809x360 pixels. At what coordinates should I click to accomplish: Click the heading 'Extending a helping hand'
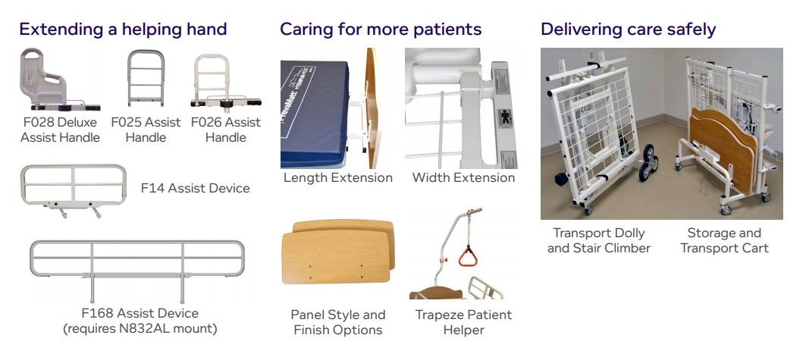coord(123,30)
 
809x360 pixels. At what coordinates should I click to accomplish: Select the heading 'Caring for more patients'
coord(381,30)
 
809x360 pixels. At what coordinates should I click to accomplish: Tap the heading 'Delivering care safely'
coord(628,30)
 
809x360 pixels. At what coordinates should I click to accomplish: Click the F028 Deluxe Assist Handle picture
coord(59,80)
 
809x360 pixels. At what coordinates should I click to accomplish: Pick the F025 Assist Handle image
coord(146,78)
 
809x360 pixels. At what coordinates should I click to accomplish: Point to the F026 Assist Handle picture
coord(225,81)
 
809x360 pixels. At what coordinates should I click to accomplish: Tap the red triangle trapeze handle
coord(468,256)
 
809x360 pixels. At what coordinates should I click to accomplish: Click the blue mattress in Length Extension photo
coord(315,114)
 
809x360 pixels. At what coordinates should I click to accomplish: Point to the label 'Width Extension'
coord(463,178)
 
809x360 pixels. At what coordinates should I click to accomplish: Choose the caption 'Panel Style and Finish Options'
coord(338,322)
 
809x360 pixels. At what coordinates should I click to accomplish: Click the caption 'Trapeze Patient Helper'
coord(463,322)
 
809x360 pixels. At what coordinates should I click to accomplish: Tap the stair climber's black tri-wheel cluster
coord(648,162)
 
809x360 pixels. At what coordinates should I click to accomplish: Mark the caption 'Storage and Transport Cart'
coord(724,240)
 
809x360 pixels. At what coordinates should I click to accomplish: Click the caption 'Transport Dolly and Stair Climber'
coord(598,240)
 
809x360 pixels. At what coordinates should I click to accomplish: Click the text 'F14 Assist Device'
coord(195,188)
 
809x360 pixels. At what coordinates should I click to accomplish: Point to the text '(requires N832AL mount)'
coord(140,328)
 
